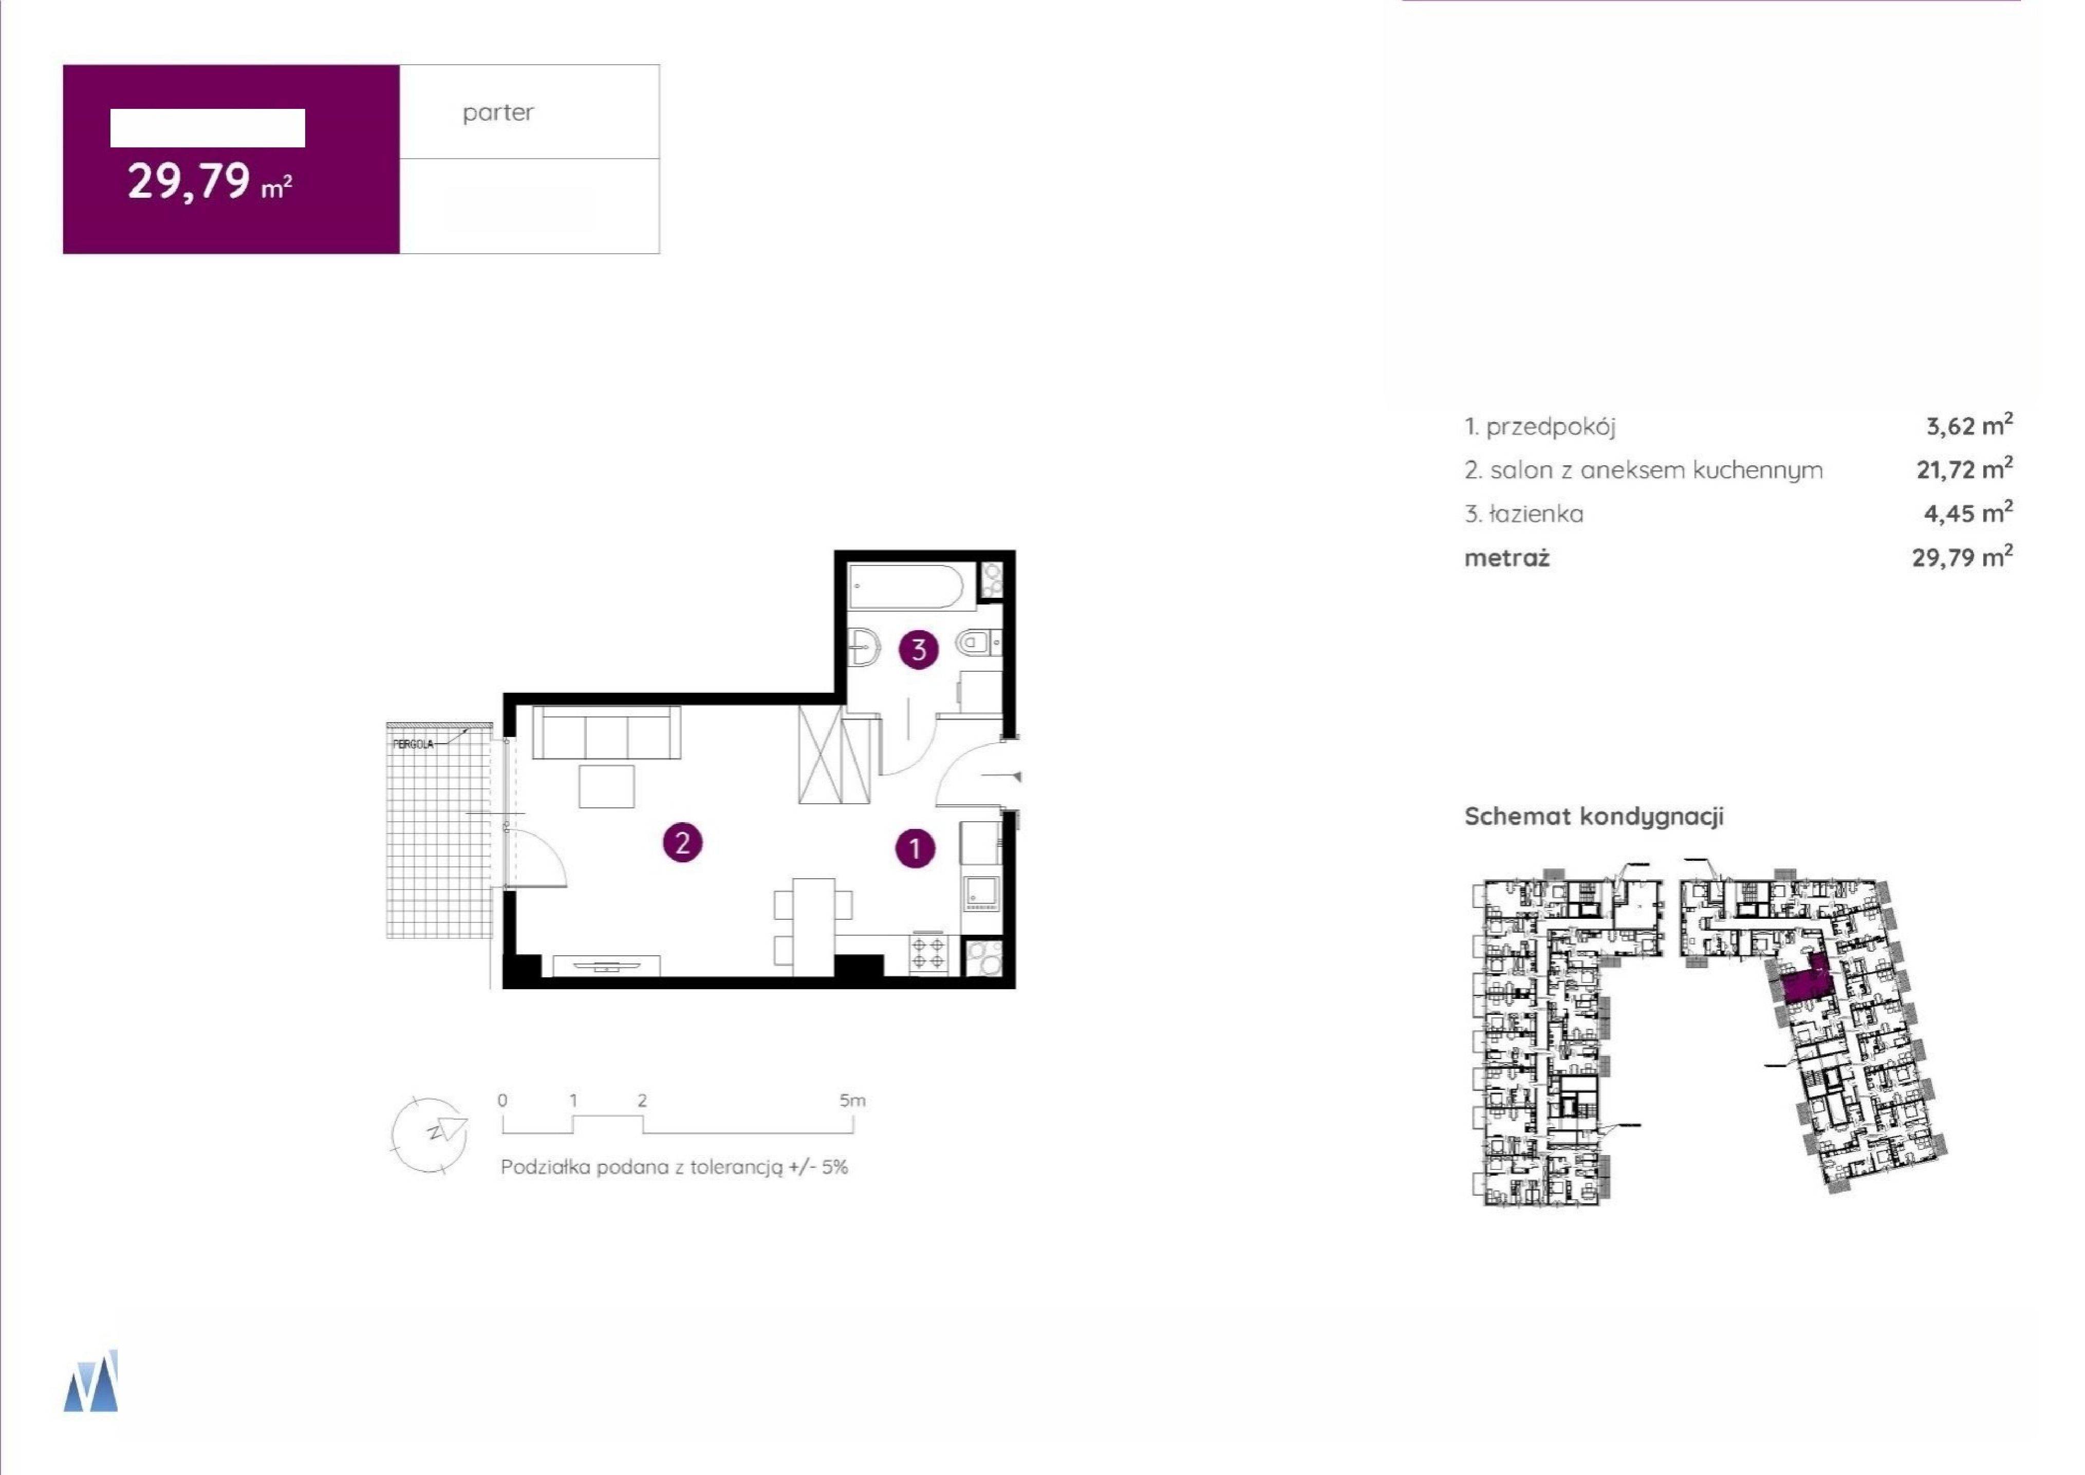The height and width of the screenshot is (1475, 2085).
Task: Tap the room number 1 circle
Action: click(915, 848)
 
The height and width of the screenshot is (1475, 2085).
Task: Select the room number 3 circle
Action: click(919, 649)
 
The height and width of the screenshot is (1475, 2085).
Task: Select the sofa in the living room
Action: click(606, 732)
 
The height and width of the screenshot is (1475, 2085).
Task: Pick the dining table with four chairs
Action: click(813, 926)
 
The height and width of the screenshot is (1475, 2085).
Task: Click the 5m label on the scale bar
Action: click(852, 1101)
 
